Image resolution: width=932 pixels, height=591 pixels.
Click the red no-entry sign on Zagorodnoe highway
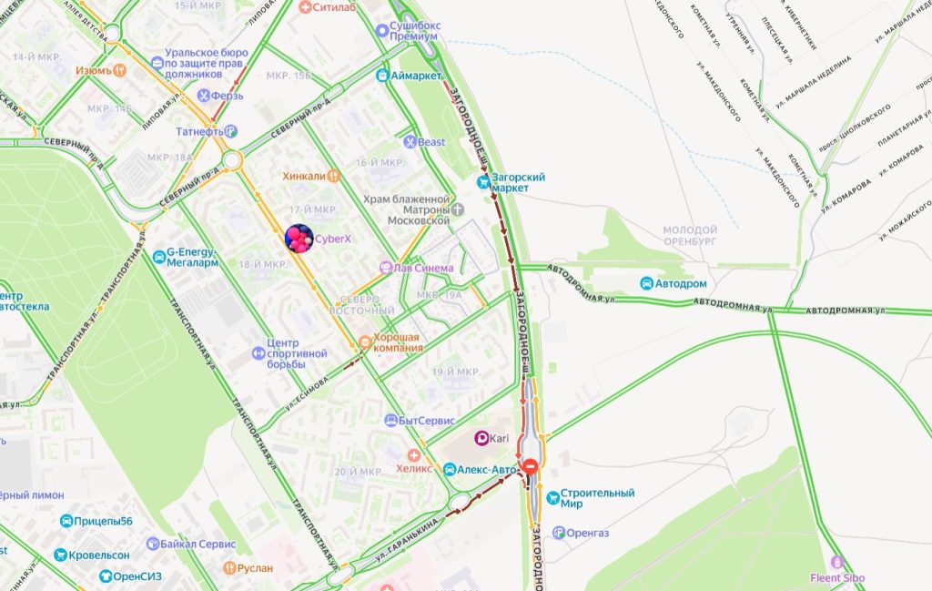point(531,467)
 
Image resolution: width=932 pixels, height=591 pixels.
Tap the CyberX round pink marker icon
point(299,239)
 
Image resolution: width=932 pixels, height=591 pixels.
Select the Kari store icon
point(481,438)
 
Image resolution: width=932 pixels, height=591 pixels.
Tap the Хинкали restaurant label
point(304,175)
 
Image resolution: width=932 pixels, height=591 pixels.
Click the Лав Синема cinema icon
point(386,268)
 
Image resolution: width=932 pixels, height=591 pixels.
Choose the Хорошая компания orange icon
point(365,341)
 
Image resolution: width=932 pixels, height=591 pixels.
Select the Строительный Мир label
point(597,499)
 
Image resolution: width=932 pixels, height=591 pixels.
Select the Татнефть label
point(199,131)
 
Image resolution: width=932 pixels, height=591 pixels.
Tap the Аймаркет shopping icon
point(382,76)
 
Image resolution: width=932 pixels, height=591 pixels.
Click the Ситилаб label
point(332,6)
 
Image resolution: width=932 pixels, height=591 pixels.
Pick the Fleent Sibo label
point(837,577)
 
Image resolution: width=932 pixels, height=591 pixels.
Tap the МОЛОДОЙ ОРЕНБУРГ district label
point(690,236)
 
